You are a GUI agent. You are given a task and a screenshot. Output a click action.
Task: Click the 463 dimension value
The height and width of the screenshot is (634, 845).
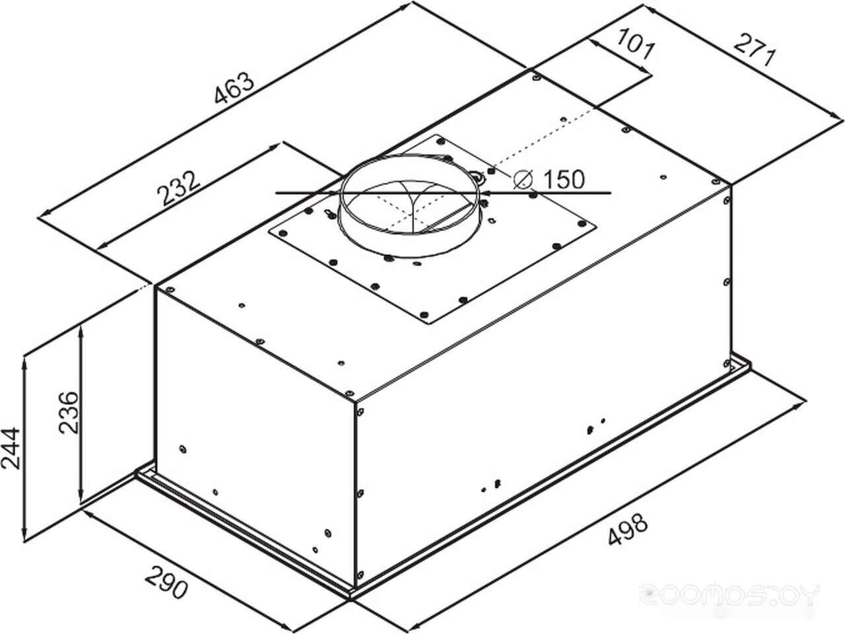[x=234, y=88]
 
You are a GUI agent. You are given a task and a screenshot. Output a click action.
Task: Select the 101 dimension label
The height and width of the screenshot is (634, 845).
[x=636, y=44]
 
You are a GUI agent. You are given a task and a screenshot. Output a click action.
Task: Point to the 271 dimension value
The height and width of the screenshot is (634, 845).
[x=753, y=50]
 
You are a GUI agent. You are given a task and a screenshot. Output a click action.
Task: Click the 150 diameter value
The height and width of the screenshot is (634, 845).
[x=564, y=179]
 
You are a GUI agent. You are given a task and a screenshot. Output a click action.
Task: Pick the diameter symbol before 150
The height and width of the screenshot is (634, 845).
[x=523, y=180]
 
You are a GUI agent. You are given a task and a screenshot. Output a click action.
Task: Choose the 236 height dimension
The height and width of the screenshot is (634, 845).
[x=69, y=413]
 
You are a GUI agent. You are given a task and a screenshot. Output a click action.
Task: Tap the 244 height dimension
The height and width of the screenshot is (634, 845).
[x=11, y=448]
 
